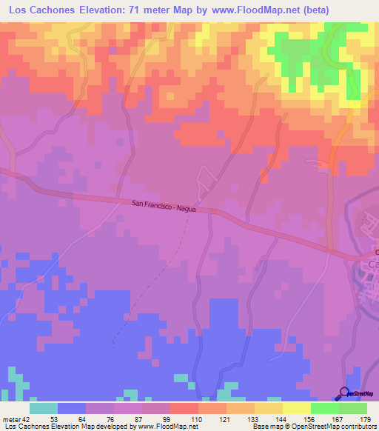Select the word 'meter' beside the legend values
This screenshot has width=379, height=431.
click(x=10, y=418)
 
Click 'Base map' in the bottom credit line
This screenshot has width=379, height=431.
click(x=264, y=427)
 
